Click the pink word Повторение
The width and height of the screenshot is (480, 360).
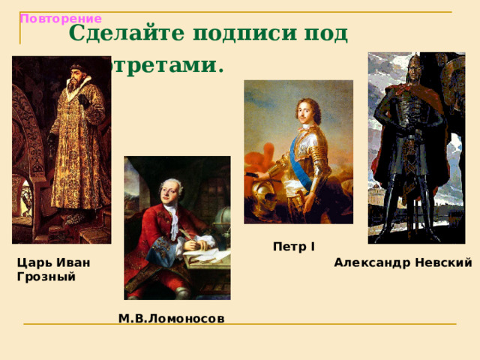pyautogui.click(x=61, y=18)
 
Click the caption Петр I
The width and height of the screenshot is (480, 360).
pyautogui.click(x=294, y=246)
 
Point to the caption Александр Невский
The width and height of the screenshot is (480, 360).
pyautogui.click(x=403, y=262)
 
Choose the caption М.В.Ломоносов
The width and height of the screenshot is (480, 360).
pyautogui.click(x=171, y=319)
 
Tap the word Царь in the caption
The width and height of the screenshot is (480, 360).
pyautogui.click(x=33, y=262)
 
